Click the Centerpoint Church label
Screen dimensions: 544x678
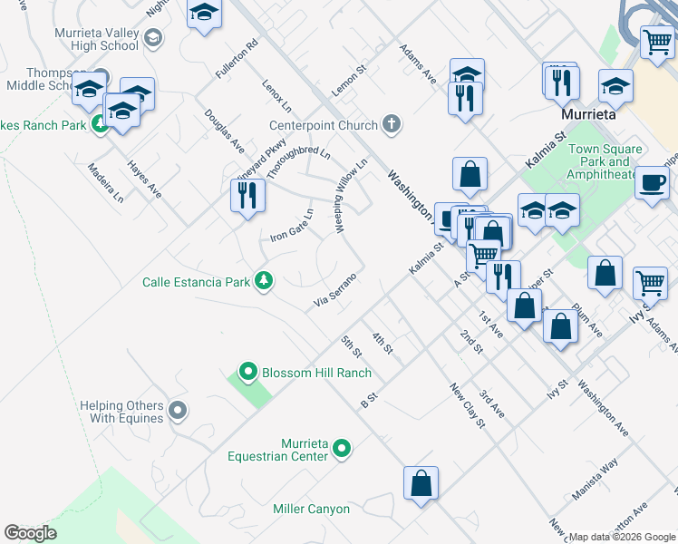[x=324, y=125]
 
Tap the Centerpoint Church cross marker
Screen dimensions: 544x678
[x=392, y=124]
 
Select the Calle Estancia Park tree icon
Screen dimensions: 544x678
[x=263, y=281]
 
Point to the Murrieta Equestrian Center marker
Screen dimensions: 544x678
[x=342, y=448]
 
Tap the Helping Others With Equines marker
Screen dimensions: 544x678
[x=178, y=412]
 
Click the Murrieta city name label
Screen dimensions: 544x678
[x=588, y=116]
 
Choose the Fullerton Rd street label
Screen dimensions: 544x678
[x=237, y=56]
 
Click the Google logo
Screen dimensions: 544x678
[x=31, y=533]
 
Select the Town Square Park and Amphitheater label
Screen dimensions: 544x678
[x=605, y=161]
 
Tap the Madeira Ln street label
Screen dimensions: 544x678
[x=105, y=183]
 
